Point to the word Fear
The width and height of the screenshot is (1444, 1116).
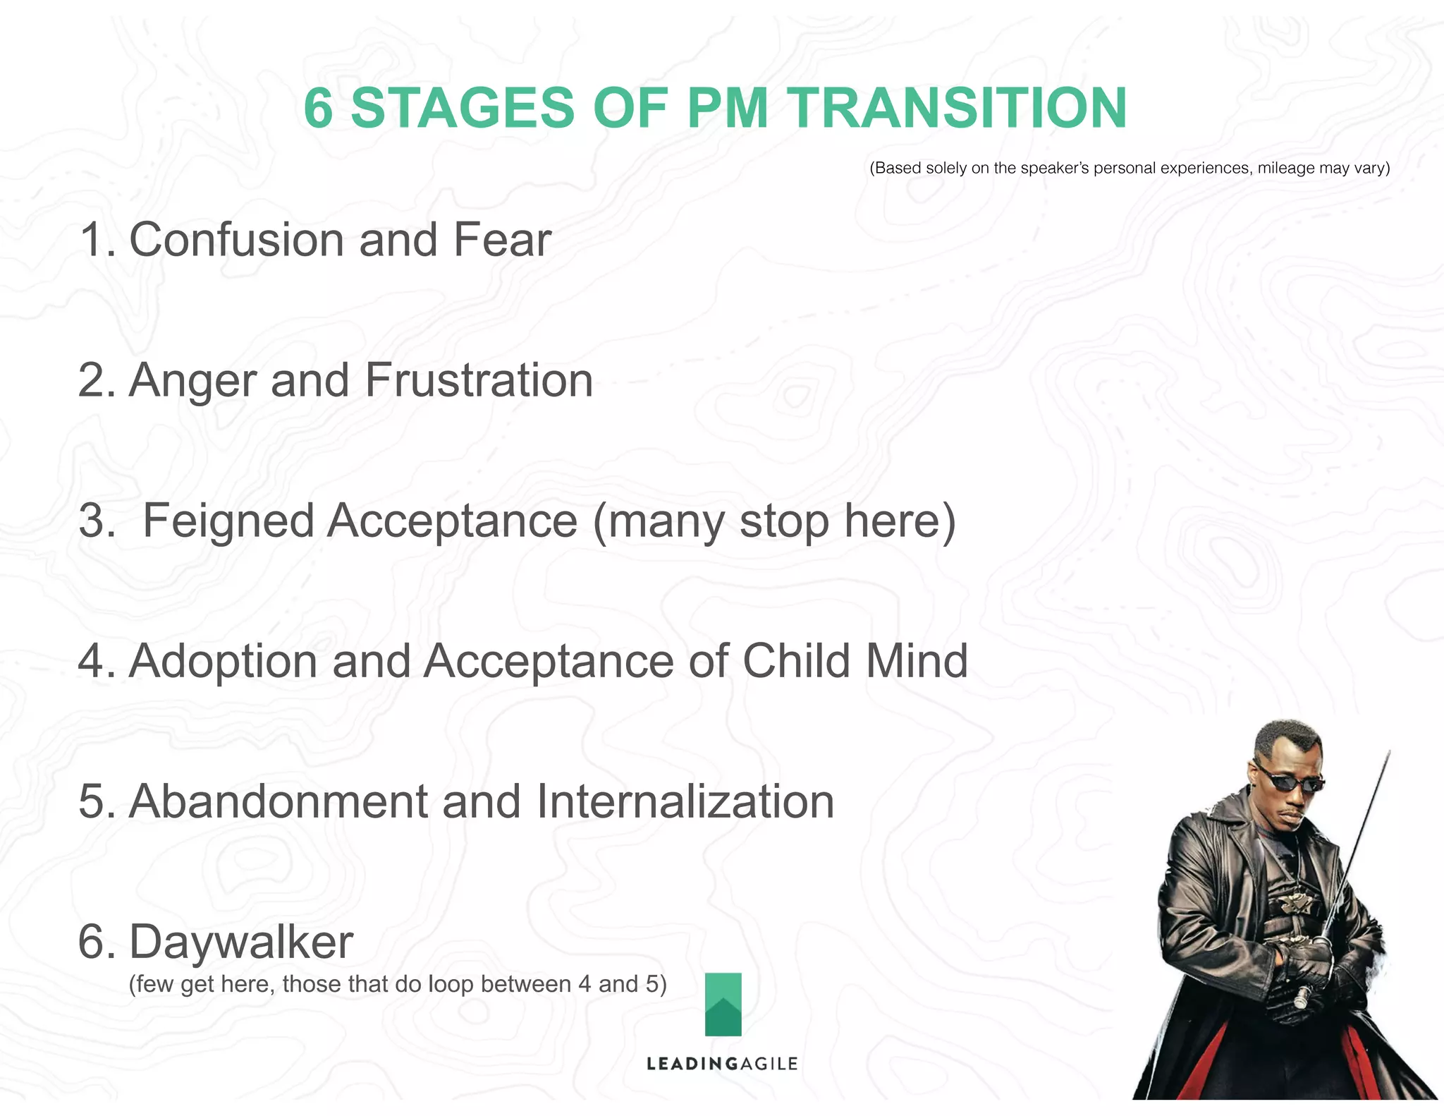pyautogui.click(x=502, y=240)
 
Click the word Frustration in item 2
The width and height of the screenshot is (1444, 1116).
pyautogui.click(x=479, y=380)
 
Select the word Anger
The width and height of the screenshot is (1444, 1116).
pyautogui.click(x=192, y=382)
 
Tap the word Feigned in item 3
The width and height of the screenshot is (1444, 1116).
pyautogui.click(x=228, y=522)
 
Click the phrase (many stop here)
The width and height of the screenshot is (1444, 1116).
pyautogui.click(x=774, y=522)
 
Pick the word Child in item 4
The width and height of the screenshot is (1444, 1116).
pyautogui.click(x=796, y=661)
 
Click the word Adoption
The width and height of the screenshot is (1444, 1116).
pyautogui.click(x=223, y=662)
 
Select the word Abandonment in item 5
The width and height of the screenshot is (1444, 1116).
pyautogui.click(x=279, y=802)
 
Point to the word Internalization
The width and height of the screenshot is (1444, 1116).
pyautogui.click(x=685, y=802)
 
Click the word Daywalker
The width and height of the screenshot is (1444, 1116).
pyautogui.click(x=240, y=942)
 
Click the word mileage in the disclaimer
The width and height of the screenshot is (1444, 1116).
pyautogui.click(x=1286, y=168)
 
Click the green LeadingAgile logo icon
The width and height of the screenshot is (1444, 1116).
pyautogui.click(x=723, y=1005)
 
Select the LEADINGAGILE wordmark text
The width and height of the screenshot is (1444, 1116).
pyautogui.click(x=722, y=1064)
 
